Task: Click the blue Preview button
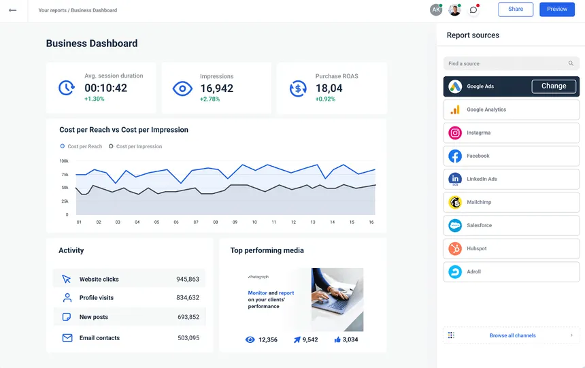click(x=556, y=10)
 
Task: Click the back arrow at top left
click(x=12, y=10)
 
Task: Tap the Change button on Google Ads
click(x=554, y=86)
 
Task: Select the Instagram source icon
click(x=455, y=133)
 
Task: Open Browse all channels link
click(x=512, y=335)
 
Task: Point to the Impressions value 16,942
click(x=216, y=88)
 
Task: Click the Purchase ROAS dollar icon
click(x=298, y=88)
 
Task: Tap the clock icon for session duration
click(x=67, y=88)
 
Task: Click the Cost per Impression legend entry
click(x=135, y=146)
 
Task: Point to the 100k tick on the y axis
click(x=64, y=161)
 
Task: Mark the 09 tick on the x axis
click(x=235, y=222)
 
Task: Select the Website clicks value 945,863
click(x=188, y=279)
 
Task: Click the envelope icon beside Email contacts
click(x=67, y=337)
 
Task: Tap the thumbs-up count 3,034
click(x=350, y=339)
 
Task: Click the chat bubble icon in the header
click(x=473, y=10)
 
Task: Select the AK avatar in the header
click(x=435, y=10)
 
